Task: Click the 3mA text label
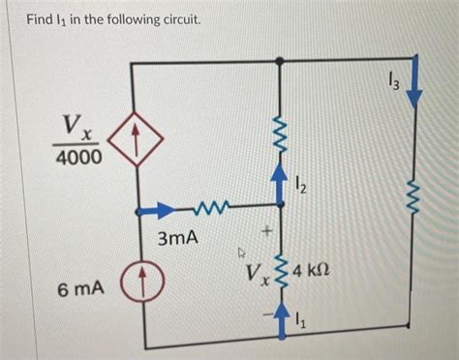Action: tap(176, 236)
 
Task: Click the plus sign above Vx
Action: tap(262, 231)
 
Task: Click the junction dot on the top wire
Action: tap(281, 60)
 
